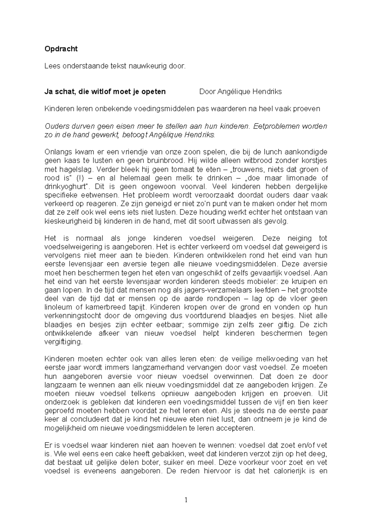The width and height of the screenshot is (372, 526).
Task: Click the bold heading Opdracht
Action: coord(61,49)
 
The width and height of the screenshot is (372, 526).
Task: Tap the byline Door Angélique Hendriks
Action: coord(240,92)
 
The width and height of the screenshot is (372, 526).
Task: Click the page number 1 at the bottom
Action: coord(186,500)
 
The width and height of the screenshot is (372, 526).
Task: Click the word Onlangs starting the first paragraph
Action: coord(57,152)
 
